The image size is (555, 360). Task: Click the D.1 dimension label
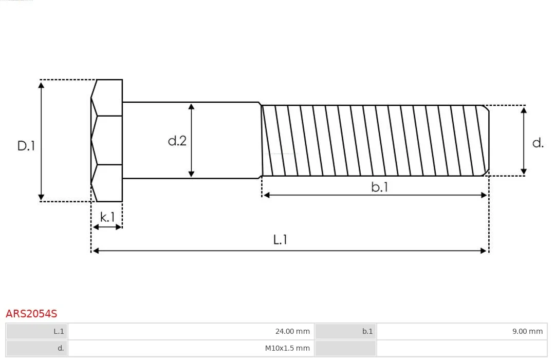26,146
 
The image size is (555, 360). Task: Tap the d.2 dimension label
177,141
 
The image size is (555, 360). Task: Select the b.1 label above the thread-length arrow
379,187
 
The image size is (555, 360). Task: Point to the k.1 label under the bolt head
107,217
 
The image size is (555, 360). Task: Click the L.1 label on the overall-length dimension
280,240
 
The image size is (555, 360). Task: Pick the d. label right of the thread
538,143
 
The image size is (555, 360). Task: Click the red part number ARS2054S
31,314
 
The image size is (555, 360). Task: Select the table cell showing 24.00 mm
191,331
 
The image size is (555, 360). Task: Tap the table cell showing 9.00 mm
462,331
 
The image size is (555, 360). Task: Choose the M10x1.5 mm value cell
191,348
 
